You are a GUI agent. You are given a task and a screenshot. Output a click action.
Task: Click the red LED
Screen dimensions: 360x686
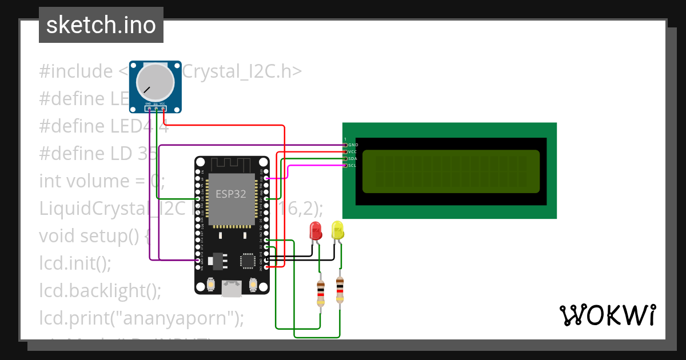point(315,230)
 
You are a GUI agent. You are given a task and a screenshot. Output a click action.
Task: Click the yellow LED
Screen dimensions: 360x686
point(337,230)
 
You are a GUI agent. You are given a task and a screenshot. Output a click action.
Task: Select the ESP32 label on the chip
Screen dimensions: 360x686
point(230,194)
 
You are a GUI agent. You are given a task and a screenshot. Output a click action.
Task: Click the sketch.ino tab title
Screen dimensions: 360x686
point(101,26)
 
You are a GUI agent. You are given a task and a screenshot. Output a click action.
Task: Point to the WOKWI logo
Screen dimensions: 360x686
point(607,315)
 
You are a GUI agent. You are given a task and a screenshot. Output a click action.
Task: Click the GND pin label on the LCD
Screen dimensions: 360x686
point(353,145)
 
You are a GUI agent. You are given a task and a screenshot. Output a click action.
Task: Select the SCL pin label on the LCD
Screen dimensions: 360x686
point(353,166)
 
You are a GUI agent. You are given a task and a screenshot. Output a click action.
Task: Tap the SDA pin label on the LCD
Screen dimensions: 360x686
point(353,159)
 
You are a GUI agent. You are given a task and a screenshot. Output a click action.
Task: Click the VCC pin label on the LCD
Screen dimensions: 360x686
point(353,152)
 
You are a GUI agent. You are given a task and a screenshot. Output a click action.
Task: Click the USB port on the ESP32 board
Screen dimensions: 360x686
point(231,289)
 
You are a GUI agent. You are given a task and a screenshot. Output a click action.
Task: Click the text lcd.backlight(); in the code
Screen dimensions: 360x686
point(100,290)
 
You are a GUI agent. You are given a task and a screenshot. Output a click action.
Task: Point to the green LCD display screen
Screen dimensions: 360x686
point(450,171)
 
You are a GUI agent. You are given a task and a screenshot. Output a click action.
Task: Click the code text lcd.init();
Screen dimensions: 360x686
point(75,263)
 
